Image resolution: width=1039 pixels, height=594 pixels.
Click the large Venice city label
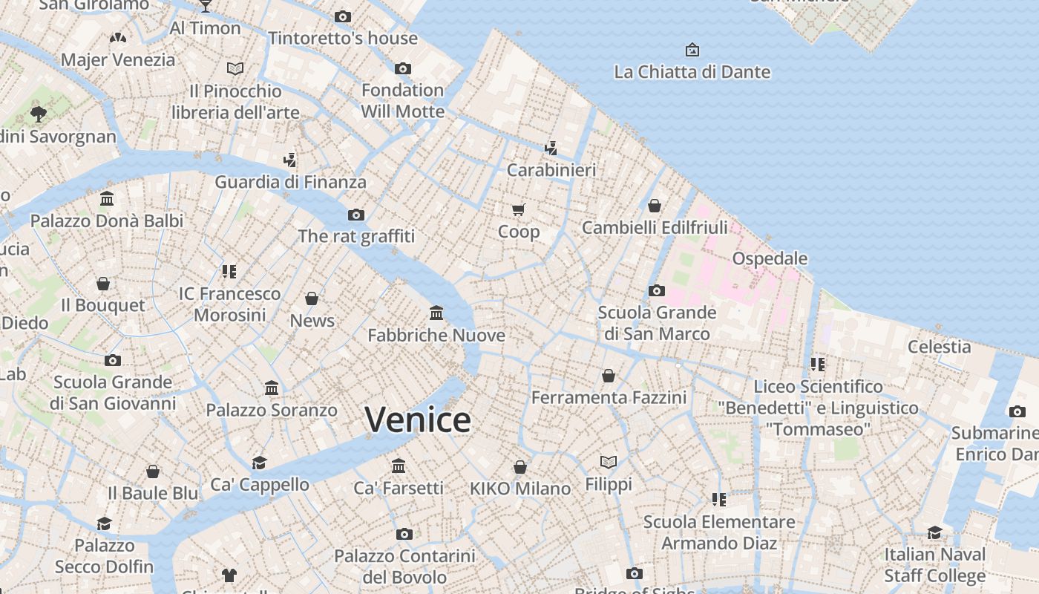tap(418, 420)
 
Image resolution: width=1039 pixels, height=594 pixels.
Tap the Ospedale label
tap(770, 258)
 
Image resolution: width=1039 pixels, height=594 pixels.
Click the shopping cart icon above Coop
tap(519, 210)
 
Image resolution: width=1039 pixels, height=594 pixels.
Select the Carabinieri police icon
tap(551, 148)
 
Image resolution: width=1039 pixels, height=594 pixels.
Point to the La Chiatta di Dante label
tap(692, 72)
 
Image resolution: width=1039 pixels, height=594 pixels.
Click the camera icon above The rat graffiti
tap(356, 215)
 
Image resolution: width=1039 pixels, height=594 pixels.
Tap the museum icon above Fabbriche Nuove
tap(436, 313)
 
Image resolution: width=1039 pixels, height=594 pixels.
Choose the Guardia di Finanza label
tap(290, 182)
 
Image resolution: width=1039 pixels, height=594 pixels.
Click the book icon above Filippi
tap(609, 463)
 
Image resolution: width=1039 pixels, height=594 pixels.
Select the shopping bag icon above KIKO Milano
tap(520, 467)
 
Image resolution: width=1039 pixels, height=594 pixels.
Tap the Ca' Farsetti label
tap(399, 488)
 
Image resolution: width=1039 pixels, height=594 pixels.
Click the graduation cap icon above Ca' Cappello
tap(259, 463)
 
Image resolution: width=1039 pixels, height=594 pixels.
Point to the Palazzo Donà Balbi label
tap(107, 221)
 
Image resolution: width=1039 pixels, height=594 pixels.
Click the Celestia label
tap(939, 347)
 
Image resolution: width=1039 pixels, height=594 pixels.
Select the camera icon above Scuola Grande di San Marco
tap(657, 290)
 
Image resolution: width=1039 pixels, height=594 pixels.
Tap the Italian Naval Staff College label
tap(934, 565)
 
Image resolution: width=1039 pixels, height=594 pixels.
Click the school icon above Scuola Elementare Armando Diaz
tap(718, 500)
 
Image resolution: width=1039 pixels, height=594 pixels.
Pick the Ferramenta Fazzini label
tap(609, 398)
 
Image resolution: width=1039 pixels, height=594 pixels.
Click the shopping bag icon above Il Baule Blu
tap(153, 471)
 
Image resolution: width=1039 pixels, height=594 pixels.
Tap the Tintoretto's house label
tap(343, 38)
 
